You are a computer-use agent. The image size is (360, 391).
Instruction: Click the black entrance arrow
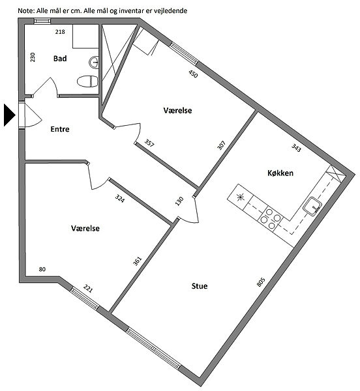(10, 115)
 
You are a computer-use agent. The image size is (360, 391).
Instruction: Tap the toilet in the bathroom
(87, 81)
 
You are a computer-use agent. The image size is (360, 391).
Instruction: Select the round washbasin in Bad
(93, 62)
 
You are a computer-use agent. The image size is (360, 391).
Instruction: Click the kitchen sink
(312, 206)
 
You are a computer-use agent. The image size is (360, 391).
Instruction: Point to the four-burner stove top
(270, 218)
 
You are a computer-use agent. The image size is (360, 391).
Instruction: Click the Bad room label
(60, 59)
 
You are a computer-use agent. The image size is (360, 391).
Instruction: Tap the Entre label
(60, 129)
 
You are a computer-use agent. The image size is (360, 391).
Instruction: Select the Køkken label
(280, 173)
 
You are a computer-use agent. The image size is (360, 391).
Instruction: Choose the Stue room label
(200, 286)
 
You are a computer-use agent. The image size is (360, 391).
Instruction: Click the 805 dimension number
(261, 282)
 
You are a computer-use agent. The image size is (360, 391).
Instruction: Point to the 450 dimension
(193, 74)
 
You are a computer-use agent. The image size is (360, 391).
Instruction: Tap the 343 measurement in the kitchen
(296, 148)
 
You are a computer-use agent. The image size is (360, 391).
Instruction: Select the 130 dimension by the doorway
(179, 201)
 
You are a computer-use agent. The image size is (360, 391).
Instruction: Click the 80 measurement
(42, 269)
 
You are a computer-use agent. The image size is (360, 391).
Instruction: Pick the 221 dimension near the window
(88, 289)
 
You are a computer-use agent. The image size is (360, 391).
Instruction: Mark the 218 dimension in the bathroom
(60, 32)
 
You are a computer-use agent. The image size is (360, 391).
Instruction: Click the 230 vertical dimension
(33, 57)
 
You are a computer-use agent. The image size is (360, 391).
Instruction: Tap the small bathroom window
(42, 21)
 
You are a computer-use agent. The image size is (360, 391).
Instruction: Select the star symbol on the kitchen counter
(240, 197)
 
